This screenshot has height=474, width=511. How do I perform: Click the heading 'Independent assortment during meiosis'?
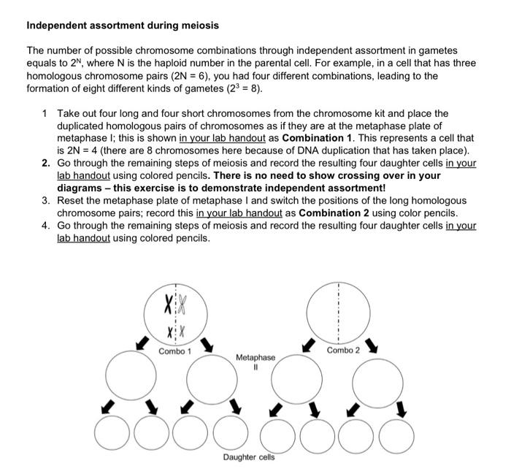[x=123, y=26]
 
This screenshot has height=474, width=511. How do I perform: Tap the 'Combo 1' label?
[x=174, y=351]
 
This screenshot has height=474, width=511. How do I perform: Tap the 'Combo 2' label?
[x=343, y=351]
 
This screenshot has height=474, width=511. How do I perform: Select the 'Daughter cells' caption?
[x=249, y=457]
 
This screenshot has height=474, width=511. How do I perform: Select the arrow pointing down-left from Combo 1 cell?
[x=144, y=341]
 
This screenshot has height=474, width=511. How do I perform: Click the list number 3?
[x=46, y=201]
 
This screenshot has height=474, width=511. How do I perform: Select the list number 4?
[x=46, y=226]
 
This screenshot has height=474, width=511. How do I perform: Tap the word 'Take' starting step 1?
[x=70, y=114]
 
